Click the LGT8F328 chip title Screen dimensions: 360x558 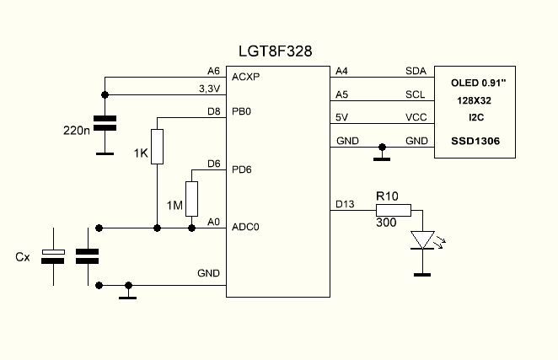(x=276, y=51)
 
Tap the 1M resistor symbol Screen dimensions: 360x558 (x=192, y=198)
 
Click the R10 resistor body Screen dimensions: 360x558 (x=394, y=210)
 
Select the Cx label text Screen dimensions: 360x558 (x=23, y=256)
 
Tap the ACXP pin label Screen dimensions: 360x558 (x=244, y=76)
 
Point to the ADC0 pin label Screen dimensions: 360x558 (x=244, y=227)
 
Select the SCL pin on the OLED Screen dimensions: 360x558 (x=416, y=94)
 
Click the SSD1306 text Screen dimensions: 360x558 (x=475, y=141)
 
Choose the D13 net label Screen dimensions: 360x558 (x=346, y=203)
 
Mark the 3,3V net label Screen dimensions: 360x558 (x=209, y=87)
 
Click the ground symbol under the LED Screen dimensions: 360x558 (x=421, y=273)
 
